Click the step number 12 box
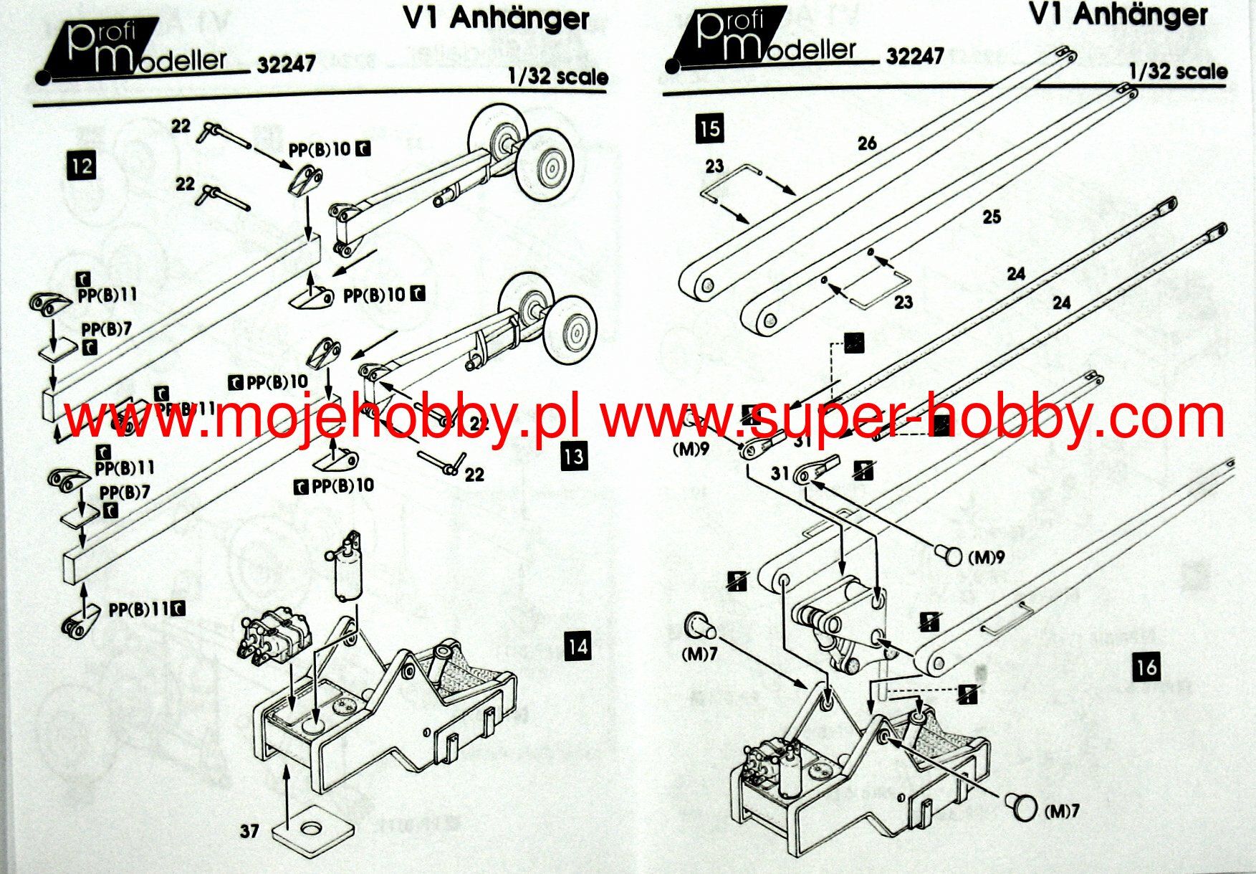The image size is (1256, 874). pos(81,166)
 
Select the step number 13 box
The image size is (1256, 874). pos(574,457)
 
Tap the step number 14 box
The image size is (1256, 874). pos(577,647)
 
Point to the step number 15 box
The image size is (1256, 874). pos(709,128)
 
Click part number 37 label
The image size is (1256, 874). pos(249,831)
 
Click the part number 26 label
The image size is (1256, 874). pos(867,143)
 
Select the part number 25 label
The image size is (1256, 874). pos(991,217)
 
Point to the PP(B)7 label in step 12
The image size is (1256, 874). pos(107,330)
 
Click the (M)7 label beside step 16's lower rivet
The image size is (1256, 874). pos(1062,811)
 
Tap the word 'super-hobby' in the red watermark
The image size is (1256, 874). pos(924,418)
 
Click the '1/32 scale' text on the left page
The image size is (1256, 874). pos(557,77)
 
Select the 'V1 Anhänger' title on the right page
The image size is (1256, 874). pos(1118,16)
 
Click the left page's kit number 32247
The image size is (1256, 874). pos(286,65)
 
